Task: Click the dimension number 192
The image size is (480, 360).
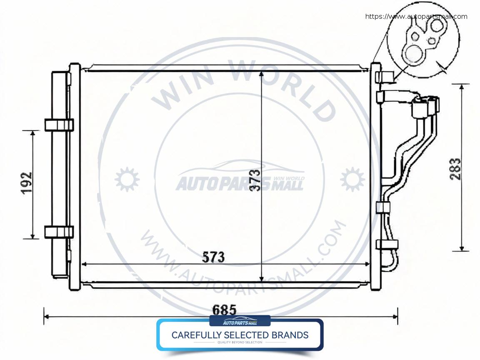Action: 27,183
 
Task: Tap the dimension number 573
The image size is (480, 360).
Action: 214,257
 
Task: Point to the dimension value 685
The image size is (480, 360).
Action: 224,310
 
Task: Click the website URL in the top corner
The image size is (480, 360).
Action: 416,17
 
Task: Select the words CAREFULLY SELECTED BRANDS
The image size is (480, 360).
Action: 240,335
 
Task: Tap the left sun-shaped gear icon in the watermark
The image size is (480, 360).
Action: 124,179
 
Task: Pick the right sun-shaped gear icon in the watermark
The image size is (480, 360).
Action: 352,179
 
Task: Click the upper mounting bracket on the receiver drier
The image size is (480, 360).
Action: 58,125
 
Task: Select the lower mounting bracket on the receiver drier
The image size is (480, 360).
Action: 58,232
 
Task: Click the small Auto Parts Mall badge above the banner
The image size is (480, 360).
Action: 240,322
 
